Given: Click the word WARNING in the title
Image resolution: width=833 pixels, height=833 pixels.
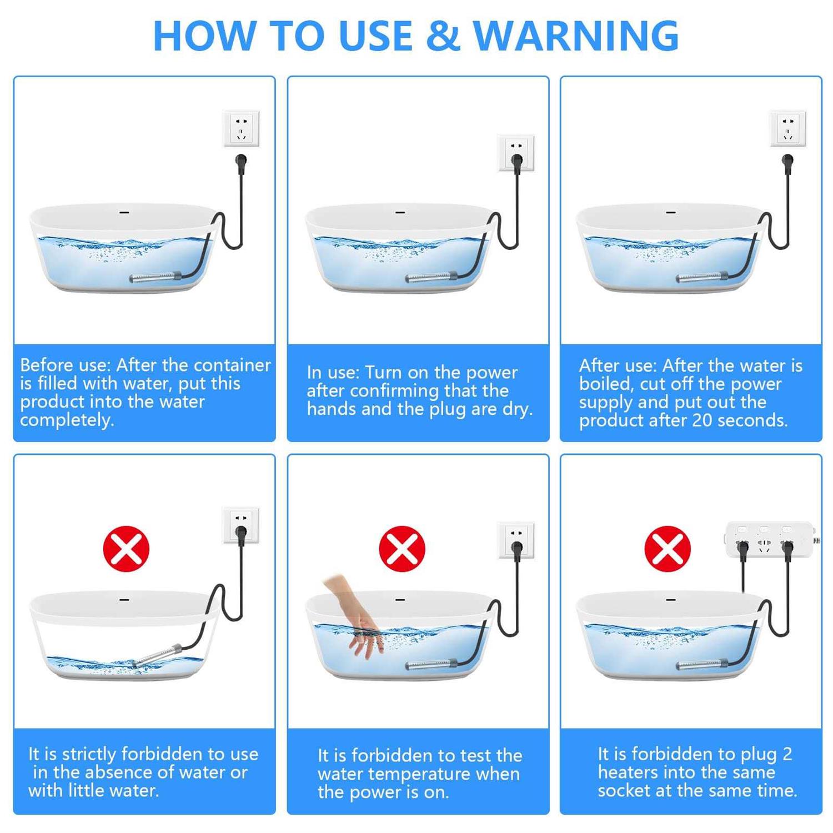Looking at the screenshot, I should pos(575,36).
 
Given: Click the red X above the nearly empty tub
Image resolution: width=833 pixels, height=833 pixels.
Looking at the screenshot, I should pos(126,549).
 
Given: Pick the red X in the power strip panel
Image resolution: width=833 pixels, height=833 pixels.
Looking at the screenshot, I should pos(667,549).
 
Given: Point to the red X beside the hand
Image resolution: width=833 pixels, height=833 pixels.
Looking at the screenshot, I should pos(402,549).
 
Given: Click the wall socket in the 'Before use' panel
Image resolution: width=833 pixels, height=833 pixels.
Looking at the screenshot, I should pos(241,129).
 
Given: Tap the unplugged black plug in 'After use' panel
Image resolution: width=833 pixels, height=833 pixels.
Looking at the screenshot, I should pos(787,163).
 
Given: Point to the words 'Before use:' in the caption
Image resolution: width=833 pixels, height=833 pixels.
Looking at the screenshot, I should pos(66,365).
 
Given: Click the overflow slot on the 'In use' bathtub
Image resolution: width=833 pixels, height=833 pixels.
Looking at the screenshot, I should pos(400,212).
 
